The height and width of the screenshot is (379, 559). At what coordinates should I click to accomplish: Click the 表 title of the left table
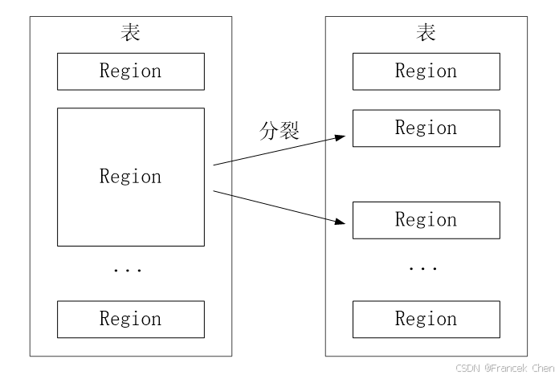(130, 33)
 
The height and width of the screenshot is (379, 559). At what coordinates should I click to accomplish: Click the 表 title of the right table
(426, 33)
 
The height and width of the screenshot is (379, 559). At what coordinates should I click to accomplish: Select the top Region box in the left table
(130, 71)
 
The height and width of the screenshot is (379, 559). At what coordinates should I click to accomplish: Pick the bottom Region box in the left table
(130, 319)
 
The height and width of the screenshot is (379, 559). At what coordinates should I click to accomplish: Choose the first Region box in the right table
(426, 71)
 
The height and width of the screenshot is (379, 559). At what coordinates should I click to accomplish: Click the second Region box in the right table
(426, 128)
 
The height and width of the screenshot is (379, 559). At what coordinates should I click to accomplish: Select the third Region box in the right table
(426, 220)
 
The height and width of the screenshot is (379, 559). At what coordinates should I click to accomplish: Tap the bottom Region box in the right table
(426, 319)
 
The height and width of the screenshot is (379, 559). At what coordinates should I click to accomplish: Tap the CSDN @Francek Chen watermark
(504, 368)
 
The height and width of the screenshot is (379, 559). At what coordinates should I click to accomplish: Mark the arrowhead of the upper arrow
(343, 137)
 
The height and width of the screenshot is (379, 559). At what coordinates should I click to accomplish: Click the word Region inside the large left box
(130, 177)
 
